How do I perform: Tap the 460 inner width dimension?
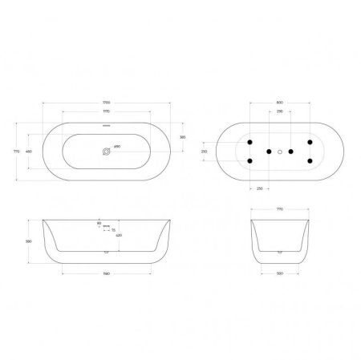tap(29, 152)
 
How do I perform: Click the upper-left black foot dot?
tap(250, 140)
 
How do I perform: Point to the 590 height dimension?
tap(29, 240)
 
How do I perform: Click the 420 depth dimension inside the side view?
tap(118, 236)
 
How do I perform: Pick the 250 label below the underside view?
tap(260, 189)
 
